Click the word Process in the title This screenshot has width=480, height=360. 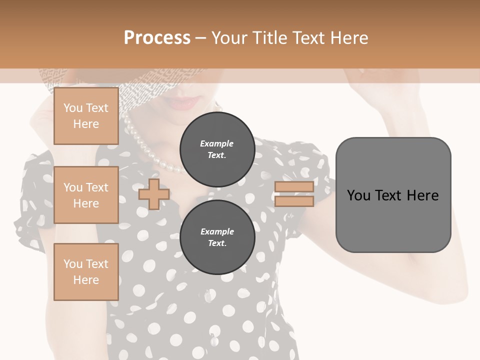(x=157, y=37)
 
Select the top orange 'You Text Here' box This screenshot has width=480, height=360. (x=86, y=116)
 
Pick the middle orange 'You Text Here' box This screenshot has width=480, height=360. (x=86, y=195)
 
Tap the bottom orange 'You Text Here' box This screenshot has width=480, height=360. (x=86, y=271)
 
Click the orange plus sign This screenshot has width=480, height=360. (x=154, y=194)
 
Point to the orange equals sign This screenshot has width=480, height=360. (x=294, y=194)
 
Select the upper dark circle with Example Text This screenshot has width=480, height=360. (x=217, y=149)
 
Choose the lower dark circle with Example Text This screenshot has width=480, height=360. (x=217, y=237)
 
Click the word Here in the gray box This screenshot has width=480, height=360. (x=422, y=195)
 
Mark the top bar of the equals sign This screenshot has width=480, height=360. (x=294, y=187)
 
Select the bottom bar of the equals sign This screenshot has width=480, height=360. (x=294, y=201)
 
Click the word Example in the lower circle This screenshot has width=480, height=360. (x=217, y=231)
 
